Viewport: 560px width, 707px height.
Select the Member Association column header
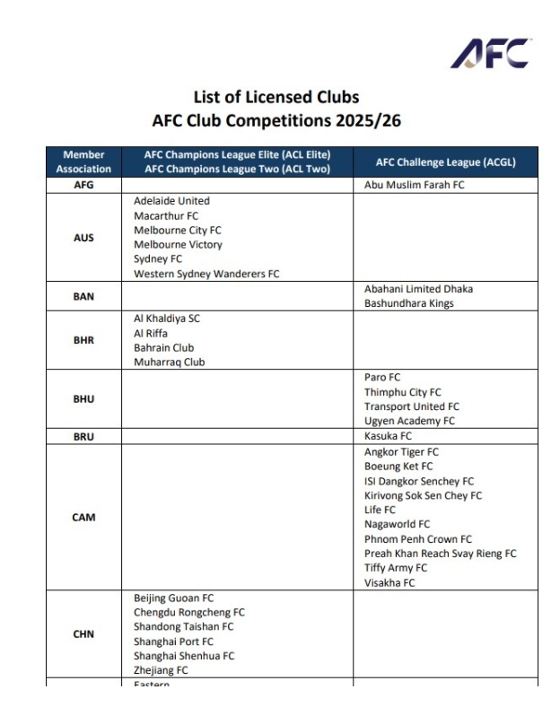click(83, 161)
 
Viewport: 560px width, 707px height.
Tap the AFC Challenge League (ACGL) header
click(445, 161)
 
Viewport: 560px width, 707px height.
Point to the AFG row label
click(83, 186)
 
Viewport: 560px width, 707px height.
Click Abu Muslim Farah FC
click(414, 186)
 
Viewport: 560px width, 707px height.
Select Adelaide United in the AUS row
click(171, 201)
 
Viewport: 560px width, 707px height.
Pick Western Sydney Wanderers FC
click(206, 274)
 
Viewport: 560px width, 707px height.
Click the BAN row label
click(83, 296)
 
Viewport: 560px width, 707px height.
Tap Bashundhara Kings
click(408, 303)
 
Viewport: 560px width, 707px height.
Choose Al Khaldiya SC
click(172, 319)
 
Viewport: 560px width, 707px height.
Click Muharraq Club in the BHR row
click(171, 362)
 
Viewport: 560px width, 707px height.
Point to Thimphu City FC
click(402, 392)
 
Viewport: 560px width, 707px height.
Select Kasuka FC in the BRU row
click(389, 435)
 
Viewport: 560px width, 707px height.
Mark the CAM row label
click(83, 518)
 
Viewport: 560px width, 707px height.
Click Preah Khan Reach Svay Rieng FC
click(440, 554)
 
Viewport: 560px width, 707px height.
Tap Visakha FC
click(389, 582)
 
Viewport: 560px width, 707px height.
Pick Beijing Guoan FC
click(173, 598)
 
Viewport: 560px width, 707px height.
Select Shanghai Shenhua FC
click(184, 656)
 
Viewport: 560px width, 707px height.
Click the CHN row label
click(83, 634)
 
